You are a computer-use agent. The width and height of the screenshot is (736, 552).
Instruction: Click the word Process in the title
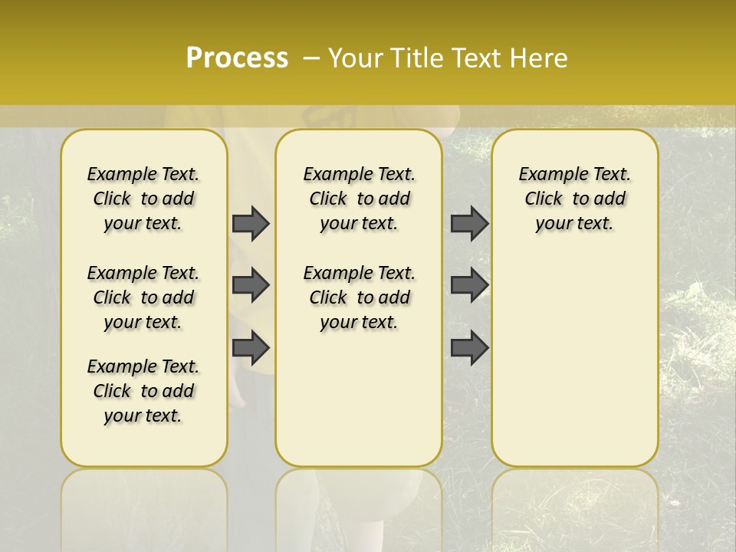[x=237, y=58]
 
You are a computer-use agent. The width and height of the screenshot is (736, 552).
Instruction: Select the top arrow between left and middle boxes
[x=251, y=223]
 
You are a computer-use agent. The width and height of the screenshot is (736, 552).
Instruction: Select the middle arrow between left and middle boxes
[x=251, y=285]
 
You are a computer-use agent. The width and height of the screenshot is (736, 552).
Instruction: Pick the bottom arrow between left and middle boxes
[x=251, y=348]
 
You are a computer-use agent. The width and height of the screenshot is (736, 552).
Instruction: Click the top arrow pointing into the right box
[x=469, y=223]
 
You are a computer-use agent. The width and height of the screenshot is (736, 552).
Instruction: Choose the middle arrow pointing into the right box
[x=469, y=285]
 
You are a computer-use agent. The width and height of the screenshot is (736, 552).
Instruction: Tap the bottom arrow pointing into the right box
[x=469, y=348]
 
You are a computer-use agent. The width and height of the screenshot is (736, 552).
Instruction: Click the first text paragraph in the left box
[x=143, y=199]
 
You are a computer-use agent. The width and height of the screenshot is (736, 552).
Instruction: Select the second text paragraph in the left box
[x=143, y=297]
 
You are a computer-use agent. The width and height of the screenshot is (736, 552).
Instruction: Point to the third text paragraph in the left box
[x=143, y=391]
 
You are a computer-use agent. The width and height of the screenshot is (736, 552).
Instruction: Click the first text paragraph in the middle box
[x=359, y=199]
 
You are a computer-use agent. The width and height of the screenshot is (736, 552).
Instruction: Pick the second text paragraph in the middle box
[x=359, y=297]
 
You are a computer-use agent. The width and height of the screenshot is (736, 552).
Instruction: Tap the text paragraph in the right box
[x=574, y=199]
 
